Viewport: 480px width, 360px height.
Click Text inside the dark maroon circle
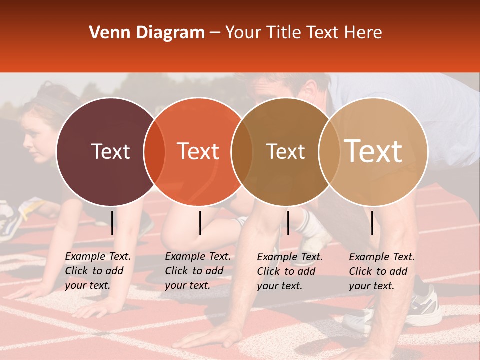coord(110,151)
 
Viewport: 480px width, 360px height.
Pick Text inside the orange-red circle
coord(198,151)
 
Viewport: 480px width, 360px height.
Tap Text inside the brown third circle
coord(285,151)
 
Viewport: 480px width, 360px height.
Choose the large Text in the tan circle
coord(373,151)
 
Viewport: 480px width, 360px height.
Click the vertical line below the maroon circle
coord(112,223)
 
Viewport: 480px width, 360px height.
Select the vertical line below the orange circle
coord(200,223)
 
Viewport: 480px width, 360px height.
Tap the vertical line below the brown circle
coord(288,223)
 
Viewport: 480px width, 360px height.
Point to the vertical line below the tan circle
coord(372,223)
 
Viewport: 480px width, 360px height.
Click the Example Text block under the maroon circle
coord(98,271)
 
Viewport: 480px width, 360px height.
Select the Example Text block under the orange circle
coord(198,271)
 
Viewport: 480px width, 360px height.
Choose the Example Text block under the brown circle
coord(290,271)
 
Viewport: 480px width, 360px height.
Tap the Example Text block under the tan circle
coord(382,271)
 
